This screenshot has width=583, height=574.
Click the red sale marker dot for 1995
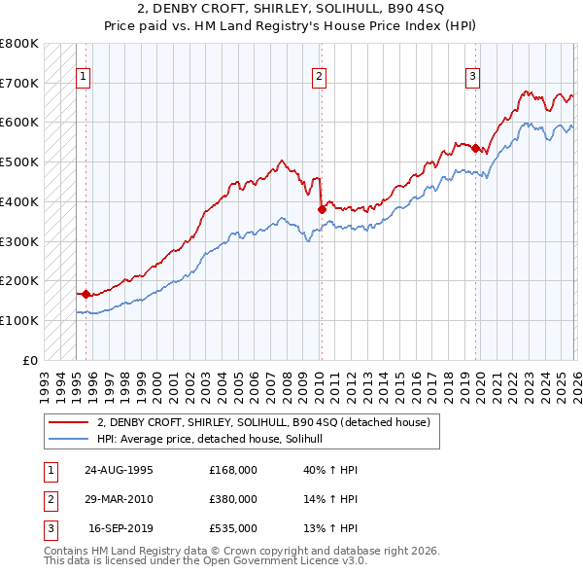pyautogui.click(x=86, y=293)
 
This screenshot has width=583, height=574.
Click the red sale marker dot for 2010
pyautogui.click(x=322, y=209)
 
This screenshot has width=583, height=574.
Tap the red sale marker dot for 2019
pyautogui.click(x=475, y=148)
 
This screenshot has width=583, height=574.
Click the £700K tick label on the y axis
pyautogui.click(x=19, y=83)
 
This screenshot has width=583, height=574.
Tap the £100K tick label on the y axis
pyautogui.click(x=19, y=320)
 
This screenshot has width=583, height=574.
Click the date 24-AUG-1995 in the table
pyautogui.click(x=119, y=470)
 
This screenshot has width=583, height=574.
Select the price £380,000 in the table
pyautogui.click(x=232, y=499)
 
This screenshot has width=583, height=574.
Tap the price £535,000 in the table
pyautogui.click(x=232, y=528)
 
